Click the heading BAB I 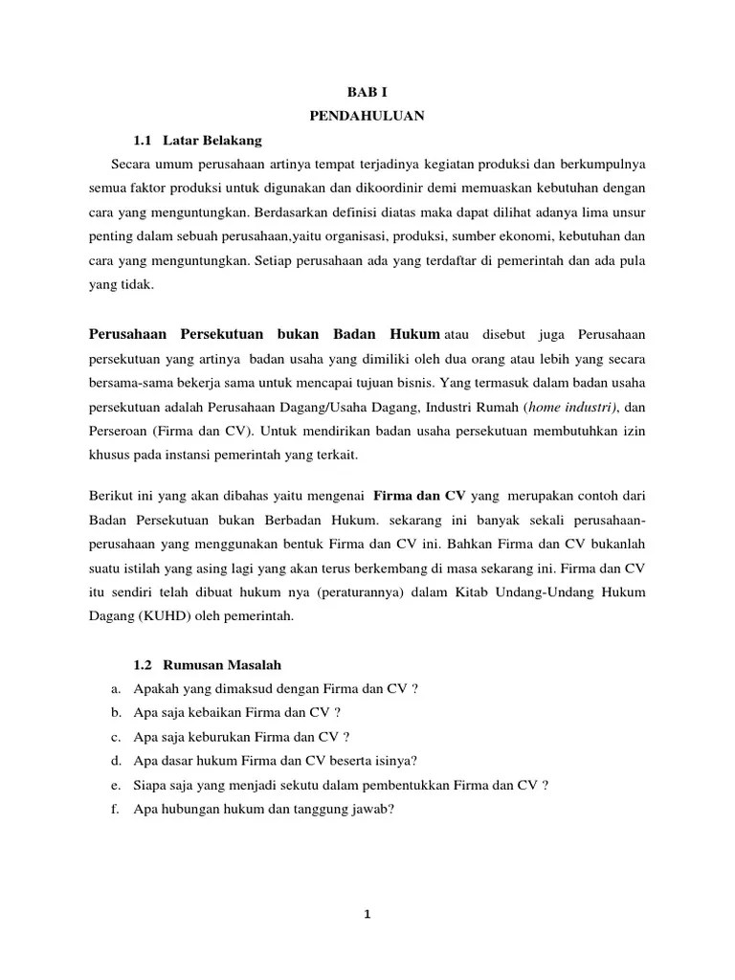click(x=367, y=95)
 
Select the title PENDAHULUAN click(x=367, y=116)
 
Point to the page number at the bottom click(x=367, y=913)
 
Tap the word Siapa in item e click(x=150, y=785)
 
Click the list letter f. click(x=113, y=809)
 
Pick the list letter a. click(x=114, y=687)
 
